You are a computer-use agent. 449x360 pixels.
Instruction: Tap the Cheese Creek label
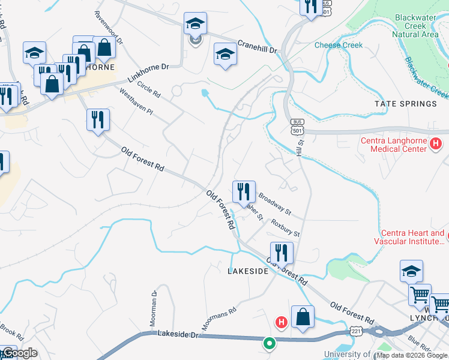[x=339, y=45]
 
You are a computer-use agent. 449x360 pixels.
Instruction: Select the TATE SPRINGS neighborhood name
[x=406, y=104]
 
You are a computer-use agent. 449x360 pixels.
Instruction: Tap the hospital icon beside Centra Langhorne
[x=436, y=144]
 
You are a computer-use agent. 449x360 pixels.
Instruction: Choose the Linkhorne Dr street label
[x=148, y=74]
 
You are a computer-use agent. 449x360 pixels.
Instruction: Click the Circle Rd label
[x=148, y=89]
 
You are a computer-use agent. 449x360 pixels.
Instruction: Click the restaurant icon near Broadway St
[x=244, y=192]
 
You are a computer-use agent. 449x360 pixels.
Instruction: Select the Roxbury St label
[x=285, y=227]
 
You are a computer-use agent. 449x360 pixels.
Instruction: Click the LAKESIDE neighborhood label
[x=247, y=271]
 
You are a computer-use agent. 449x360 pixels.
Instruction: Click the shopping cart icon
[x=420, y=295]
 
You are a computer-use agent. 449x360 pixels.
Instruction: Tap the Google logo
[x=19, y=353]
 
